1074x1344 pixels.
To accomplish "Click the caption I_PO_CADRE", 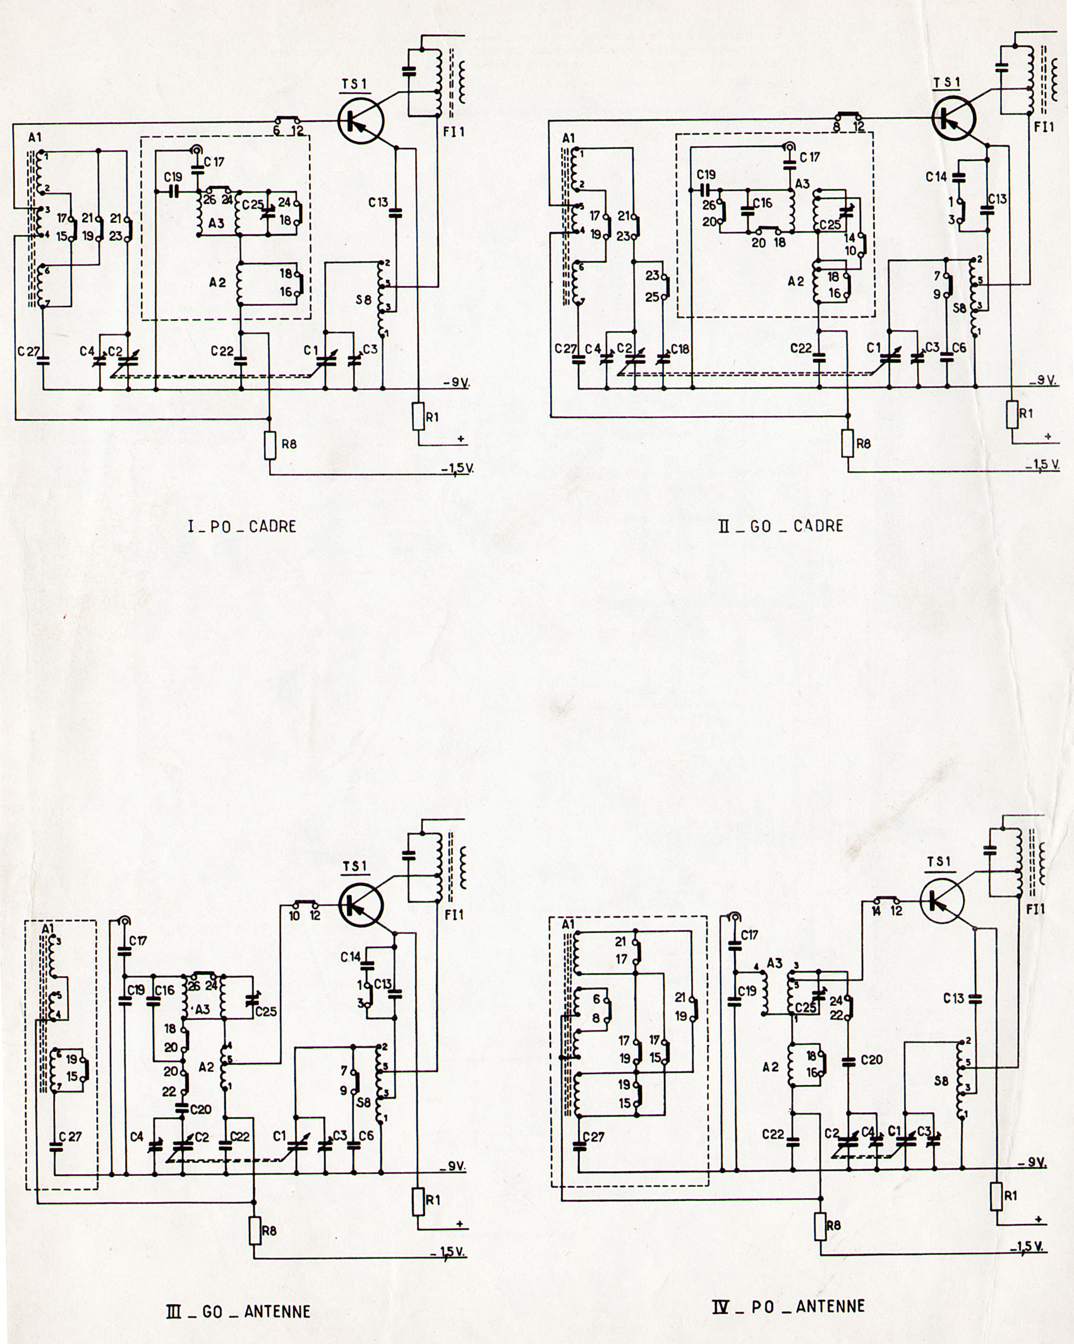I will (242, 526).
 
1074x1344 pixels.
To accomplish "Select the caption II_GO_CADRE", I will (780, 525).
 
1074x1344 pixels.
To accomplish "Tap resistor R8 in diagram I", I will (270, 445).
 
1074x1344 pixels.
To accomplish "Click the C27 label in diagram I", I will (28, 351).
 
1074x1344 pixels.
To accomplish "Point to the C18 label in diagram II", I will (680, 349).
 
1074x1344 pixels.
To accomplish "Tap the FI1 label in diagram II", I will (1044, 127).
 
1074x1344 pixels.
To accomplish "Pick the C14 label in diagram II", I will (936, 178).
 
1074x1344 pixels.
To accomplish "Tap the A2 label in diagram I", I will (217, 282).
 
